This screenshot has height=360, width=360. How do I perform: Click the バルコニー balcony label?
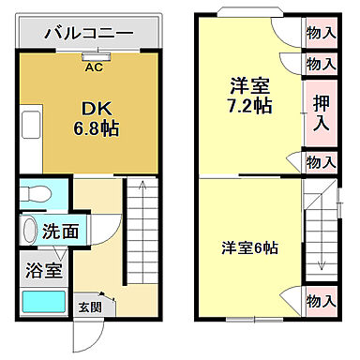pyautogui.click(x=91, y=33)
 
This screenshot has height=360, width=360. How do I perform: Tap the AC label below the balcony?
pyautogui.click(x=94, y=67)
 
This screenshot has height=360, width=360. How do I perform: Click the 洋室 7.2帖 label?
pyautogui.click(x=249, y=95)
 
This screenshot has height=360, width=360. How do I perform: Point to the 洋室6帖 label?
pyautogui.click(x=249, y=247)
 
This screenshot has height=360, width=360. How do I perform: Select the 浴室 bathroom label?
pyautogui.click(x=42, y=271)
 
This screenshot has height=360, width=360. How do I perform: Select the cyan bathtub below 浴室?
pyautogui.click(x=42, y=302)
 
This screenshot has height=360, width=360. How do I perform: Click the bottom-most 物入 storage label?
pyautogui.click(x=322, y=302)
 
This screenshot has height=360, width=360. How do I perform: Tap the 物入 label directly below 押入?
pyautogui.click(x=322, y=163)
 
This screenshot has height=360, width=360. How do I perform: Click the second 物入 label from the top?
pyautogui.click(x=322, y=64)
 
